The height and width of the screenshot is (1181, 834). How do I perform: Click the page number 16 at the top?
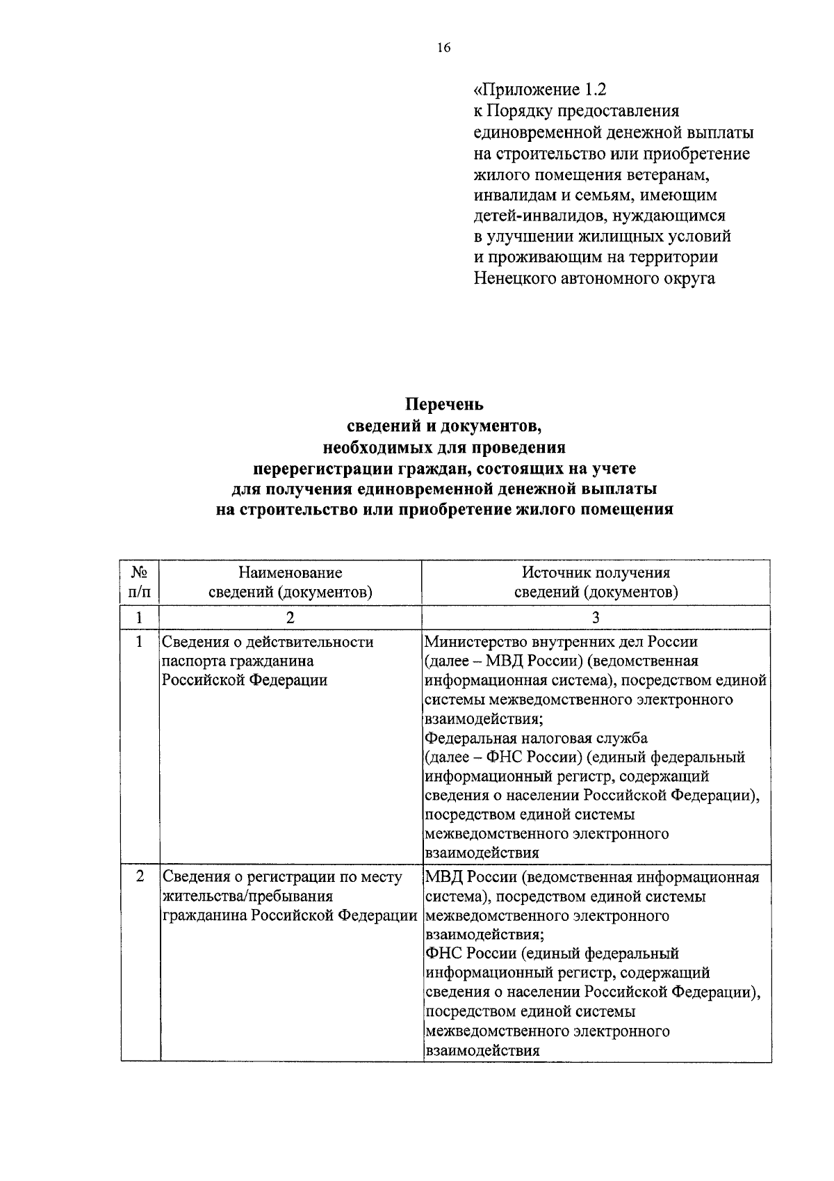[x=443, y=48]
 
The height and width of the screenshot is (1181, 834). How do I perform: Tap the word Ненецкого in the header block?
[x=515, y=278]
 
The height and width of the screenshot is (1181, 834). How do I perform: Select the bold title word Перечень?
[x=444, y=404]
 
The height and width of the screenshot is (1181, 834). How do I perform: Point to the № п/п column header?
[x=140, y=582]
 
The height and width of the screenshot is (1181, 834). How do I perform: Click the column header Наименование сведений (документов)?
[x=291, y=582]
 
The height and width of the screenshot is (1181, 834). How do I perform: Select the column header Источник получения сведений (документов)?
[x=596, y=582]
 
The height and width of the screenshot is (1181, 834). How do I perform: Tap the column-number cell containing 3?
[x=596, y=617]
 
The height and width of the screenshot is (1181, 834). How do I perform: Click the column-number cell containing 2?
[x=291, y=617]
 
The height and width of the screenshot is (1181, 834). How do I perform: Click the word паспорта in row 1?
[x=190, y=661]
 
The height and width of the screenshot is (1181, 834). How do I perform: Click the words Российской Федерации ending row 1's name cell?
[x=245, y=680]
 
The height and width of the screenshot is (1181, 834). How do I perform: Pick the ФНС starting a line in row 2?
[x=443, y=954]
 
